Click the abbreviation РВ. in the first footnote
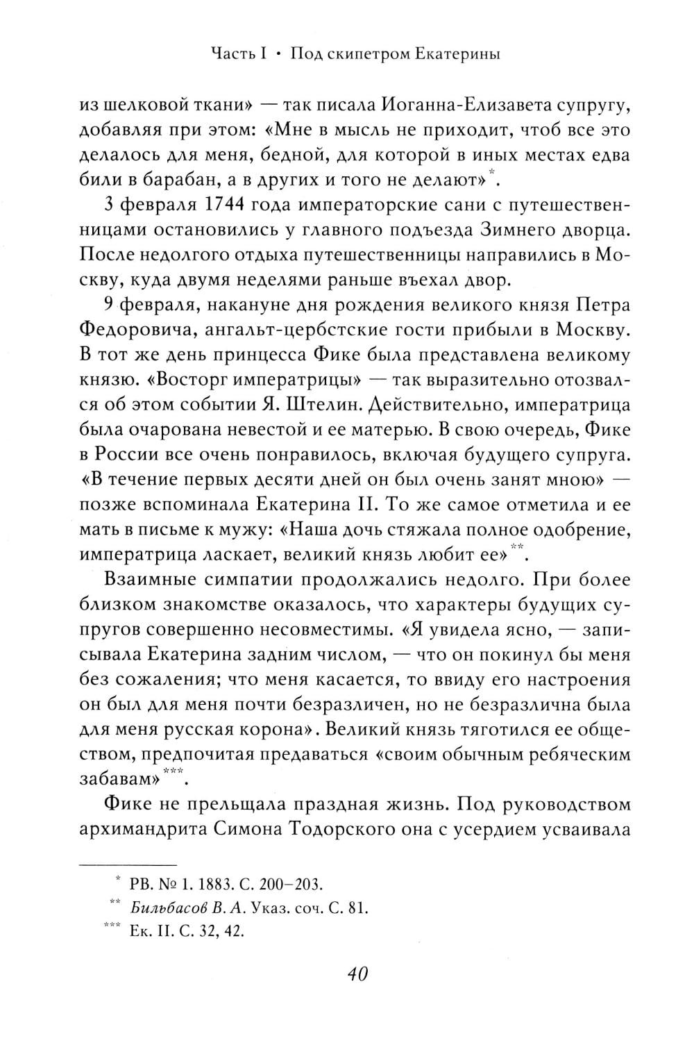140,884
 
